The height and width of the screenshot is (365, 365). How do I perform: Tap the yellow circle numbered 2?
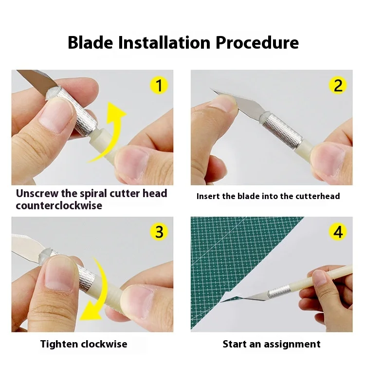click(338, 86)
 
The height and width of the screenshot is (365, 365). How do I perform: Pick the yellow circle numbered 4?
click(338, 232)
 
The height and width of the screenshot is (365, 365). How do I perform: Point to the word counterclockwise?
click(59, 205)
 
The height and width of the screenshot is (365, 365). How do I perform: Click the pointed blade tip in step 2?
click(212, 90)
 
